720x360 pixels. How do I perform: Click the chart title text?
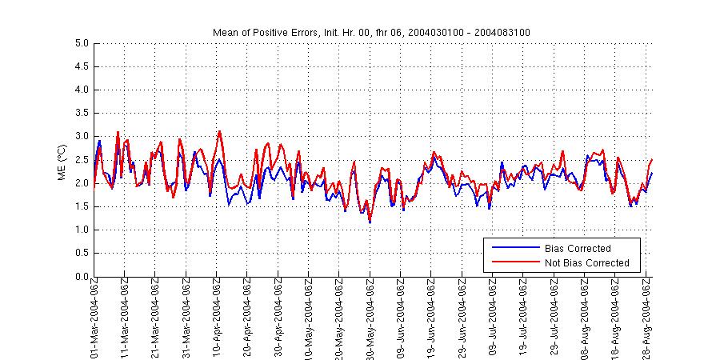(371, 32)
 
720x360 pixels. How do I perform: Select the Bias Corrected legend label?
(578, 249)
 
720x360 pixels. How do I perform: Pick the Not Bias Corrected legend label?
(586, 262)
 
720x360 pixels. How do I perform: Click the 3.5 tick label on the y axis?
(81, 114)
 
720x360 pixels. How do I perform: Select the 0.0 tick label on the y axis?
(81, 277)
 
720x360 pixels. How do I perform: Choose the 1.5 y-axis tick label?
(81, 206)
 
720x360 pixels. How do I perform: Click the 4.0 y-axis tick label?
(81, 90)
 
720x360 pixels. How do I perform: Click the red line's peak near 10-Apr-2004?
(219, 131)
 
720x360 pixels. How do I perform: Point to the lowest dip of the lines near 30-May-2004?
(370, 222)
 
